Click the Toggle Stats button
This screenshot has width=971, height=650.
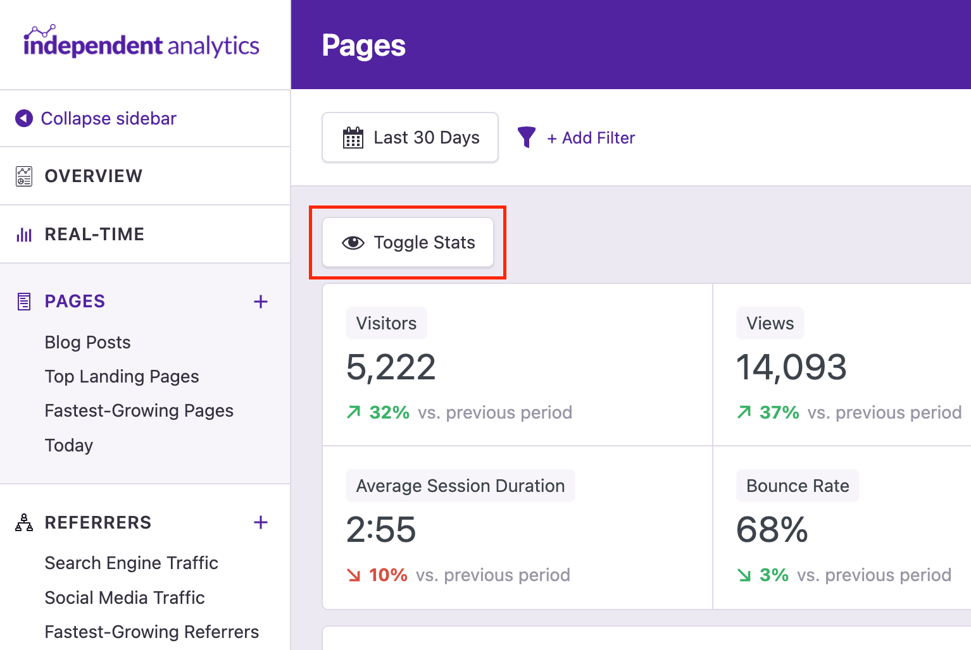click(x=408, y=243)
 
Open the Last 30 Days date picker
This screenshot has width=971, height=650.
click(x=410, y=138)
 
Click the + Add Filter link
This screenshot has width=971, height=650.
click(x=591, y=138)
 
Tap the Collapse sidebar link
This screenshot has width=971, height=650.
click(x=108, y=119)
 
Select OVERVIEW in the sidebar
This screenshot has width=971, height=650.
click(x=93, y=176)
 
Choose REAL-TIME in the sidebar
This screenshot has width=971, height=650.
click(x=94, y=235)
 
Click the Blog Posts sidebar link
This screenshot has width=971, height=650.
click(x=87, y=343)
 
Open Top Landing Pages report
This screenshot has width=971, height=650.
click(x=122, y=377)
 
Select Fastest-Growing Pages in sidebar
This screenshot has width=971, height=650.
click(x=139, y=411)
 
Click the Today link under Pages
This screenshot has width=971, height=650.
click(x=68, y=446)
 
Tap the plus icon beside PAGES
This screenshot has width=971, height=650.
click(x=261, y=302)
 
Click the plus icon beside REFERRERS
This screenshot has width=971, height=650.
click(x=261, y=522)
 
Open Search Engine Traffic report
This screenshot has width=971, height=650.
click(x=131, y=563)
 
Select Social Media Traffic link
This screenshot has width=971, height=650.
click(x=125, y=598)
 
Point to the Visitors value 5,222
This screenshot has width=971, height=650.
click(x=391, y=367)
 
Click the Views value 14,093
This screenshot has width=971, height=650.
click(x=791, y=367)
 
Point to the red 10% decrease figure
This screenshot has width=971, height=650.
click(x=388, y=575)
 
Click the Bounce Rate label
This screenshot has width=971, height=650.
click(x=798, y=486)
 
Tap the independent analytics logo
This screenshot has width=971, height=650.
click(x=141, y=43)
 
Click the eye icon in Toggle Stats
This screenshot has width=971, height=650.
click(x=353, y=243)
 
